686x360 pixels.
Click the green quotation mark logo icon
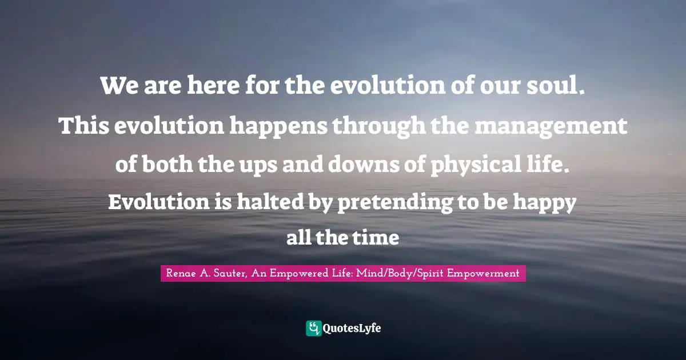point(313,328)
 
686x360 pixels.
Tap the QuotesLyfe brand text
point(352,329)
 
